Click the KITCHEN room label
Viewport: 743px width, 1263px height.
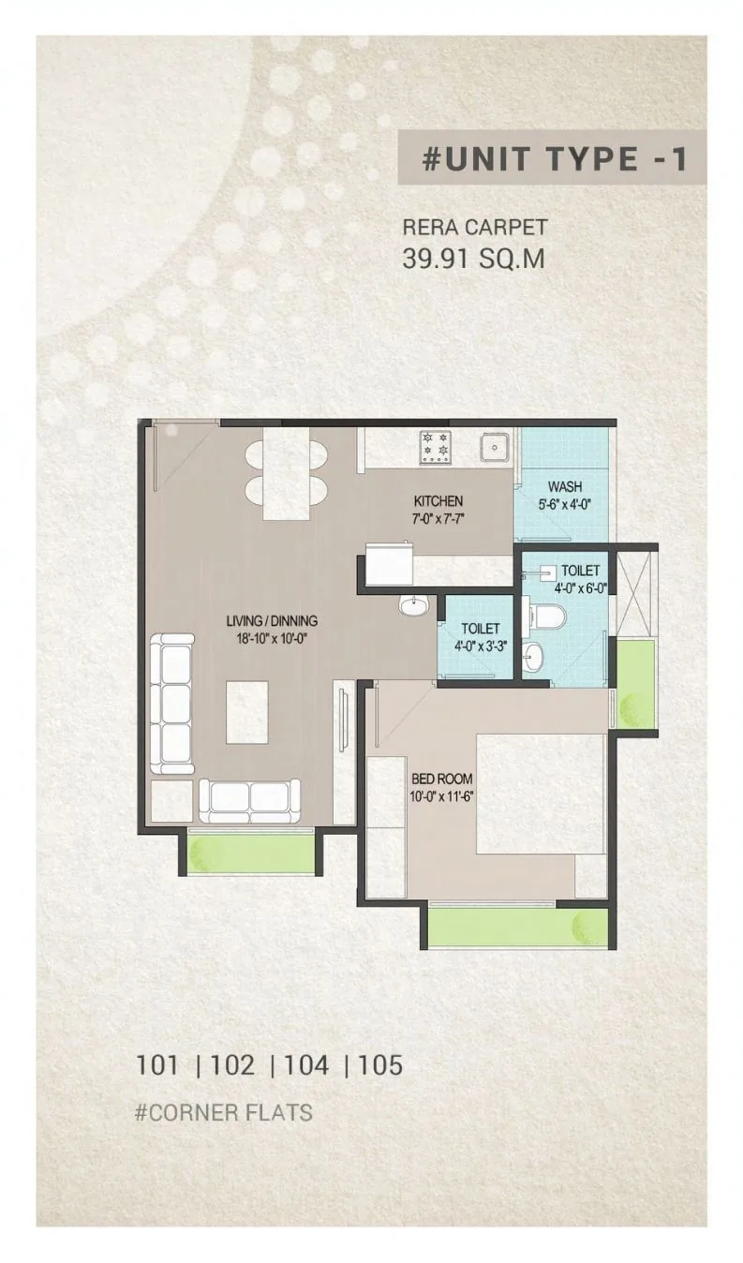point(438,500)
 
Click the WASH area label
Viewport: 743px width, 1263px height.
point(565,486)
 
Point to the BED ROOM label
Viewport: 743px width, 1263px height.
point(442,779)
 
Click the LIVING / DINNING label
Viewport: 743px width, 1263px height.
point(272,621)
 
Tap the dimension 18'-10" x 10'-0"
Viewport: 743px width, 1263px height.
point(272,638)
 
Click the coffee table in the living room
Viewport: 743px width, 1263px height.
point(247,712)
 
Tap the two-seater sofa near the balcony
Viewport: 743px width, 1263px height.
point(250,801)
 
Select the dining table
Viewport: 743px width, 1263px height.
point(287,474)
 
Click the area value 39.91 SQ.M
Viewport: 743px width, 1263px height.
point(473,259)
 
